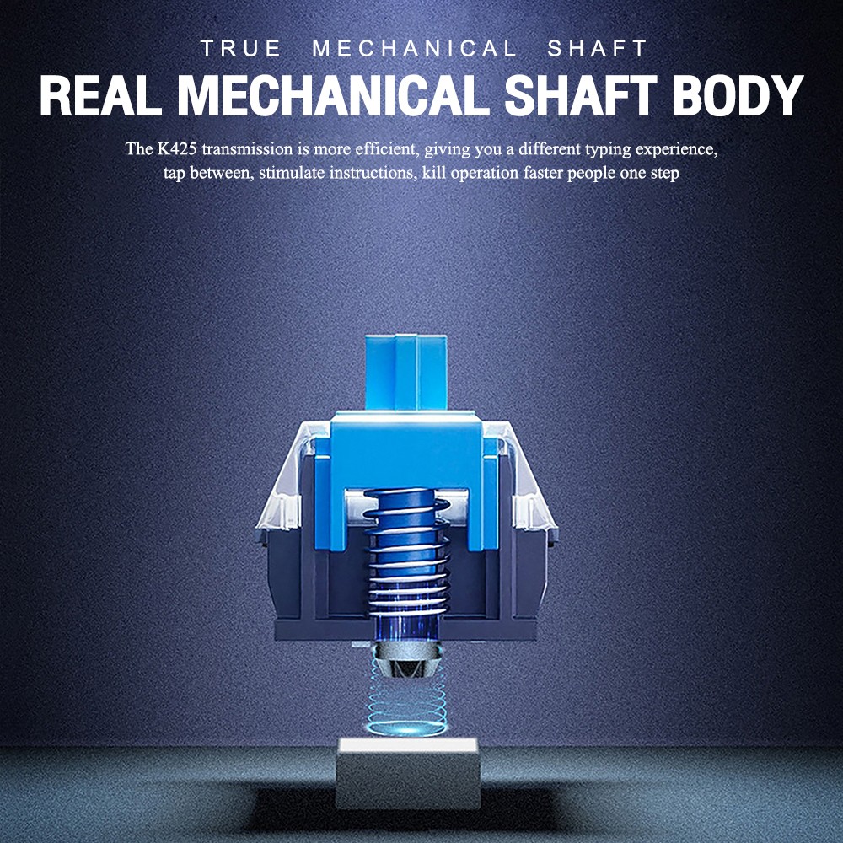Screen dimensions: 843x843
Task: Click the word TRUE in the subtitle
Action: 240,49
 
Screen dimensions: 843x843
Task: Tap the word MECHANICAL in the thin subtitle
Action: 414,49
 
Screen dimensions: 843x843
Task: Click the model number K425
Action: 168,150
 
